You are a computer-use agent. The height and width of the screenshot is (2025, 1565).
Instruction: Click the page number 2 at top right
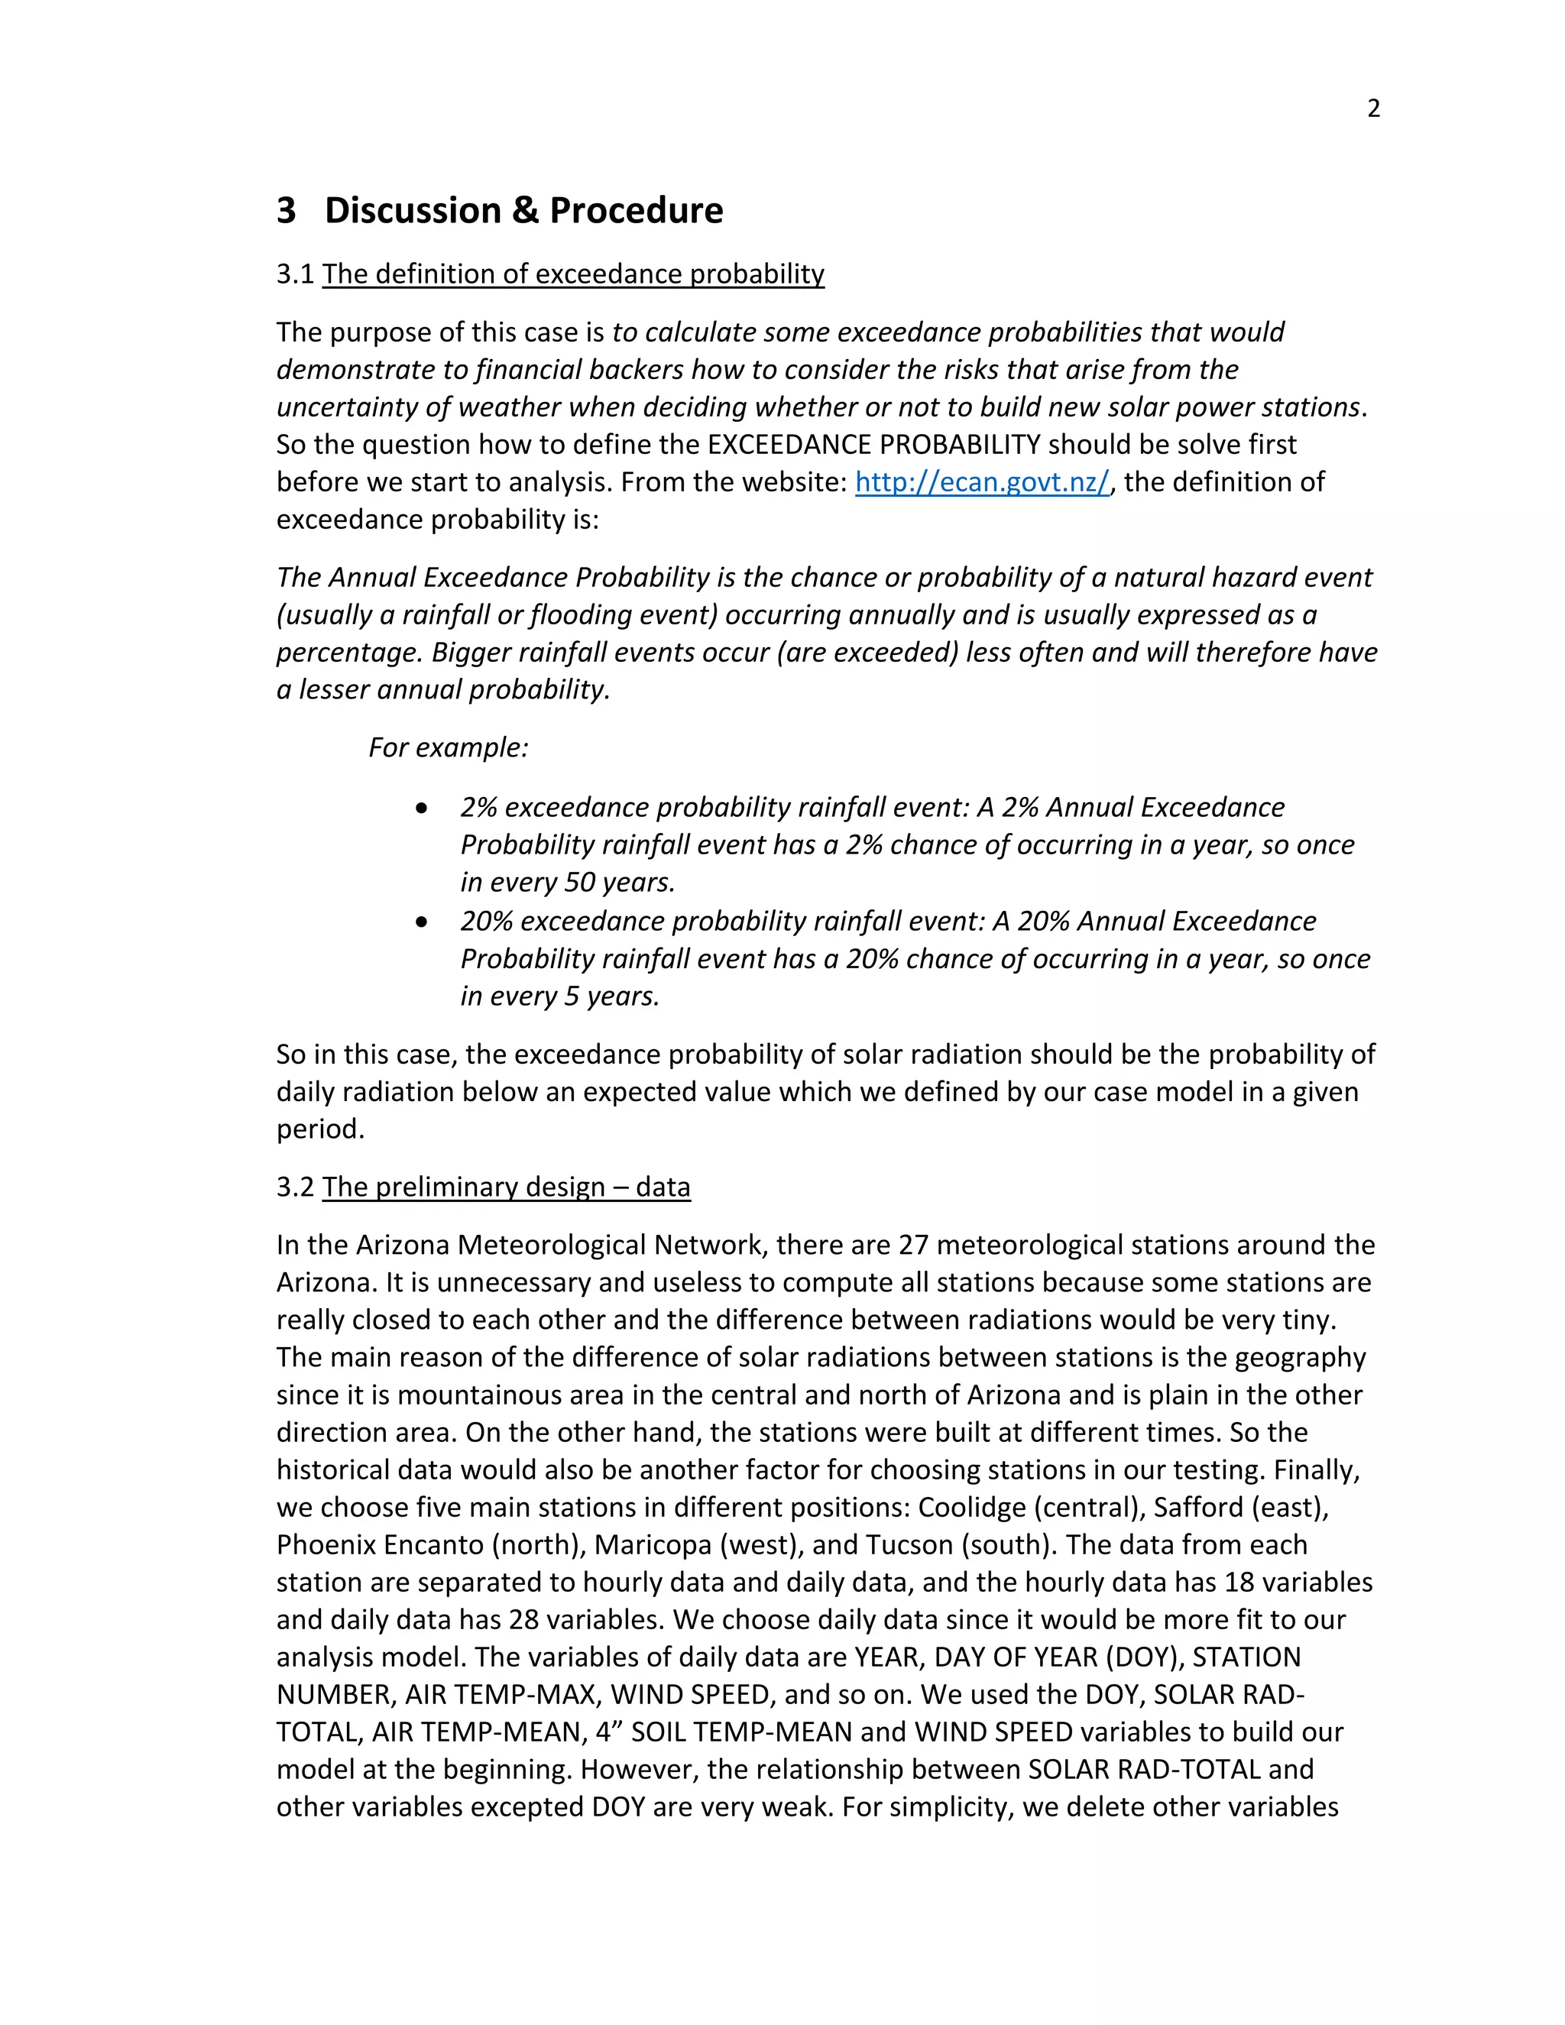1373,109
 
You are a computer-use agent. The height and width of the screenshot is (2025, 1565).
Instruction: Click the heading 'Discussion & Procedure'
523,210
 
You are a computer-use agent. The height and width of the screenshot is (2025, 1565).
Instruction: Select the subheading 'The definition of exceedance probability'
573,274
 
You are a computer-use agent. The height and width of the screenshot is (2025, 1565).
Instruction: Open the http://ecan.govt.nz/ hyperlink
982,482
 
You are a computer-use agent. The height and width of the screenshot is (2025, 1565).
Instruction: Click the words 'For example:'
448,747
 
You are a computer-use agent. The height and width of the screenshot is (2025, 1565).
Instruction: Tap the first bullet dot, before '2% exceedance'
423,808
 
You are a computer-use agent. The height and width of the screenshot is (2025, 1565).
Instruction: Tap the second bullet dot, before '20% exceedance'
423,922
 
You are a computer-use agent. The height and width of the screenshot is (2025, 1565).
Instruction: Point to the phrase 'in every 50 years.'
568,882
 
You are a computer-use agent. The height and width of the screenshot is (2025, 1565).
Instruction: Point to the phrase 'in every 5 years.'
560,996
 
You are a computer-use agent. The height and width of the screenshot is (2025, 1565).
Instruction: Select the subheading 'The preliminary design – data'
506,1187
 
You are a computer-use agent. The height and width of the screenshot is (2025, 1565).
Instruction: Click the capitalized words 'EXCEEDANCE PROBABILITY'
873,444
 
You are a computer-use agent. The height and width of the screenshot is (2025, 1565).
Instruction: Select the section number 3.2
296,1187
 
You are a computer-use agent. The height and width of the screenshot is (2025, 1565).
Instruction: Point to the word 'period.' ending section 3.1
321,1129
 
